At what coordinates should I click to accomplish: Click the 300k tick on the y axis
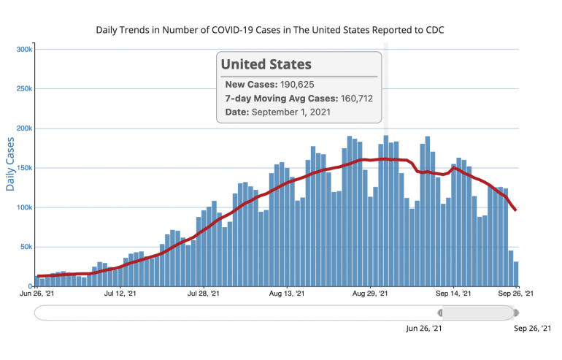(25, 49)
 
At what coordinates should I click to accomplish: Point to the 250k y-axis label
(25, 88)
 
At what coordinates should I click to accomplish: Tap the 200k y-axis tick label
(25, 129)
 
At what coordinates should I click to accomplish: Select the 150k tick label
(25, 168)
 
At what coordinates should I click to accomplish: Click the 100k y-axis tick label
(25, 207)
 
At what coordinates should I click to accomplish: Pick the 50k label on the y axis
(26, 247)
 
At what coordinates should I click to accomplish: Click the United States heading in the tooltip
(266, 64)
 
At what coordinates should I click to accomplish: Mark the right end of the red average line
(517, 210)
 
